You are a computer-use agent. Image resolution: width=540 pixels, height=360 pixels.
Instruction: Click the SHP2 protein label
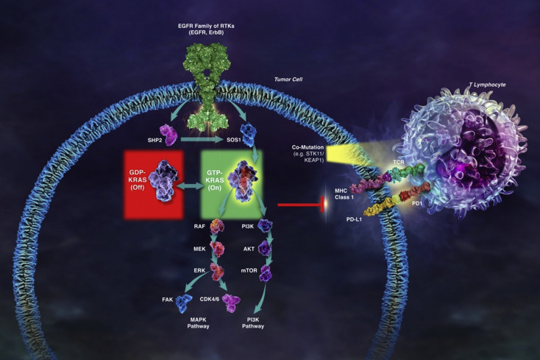154,140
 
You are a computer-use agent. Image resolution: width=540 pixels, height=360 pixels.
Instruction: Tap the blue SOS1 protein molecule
249,135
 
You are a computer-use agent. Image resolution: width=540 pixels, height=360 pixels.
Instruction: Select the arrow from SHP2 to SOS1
202,140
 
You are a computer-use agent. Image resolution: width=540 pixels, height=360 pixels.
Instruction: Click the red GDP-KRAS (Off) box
154,184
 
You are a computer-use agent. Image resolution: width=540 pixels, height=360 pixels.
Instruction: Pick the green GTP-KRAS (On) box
232,184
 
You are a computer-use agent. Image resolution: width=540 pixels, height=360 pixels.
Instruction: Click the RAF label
199,226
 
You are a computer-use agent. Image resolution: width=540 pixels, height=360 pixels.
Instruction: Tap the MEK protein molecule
217,249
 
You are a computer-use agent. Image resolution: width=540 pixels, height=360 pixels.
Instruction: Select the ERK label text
199,270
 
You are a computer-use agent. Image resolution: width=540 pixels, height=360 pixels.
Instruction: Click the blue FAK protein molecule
184,303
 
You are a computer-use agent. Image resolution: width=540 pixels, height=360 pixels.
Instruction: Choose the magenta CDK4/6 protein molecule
231,303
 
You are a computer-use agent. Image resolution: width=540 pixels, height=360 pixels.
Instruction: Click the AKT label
249,249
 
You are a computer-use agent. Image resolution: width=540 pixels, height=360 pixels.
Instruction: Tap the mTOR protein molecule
266,272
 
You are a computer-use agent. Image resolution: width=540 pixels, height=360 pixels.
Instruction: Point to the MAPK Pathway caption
198,322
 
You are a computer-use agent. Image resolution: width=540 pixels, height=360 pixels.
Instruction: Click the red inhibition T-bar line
301,205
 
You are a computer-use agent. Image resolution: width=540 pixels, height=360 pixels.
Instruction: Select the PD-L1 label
354,219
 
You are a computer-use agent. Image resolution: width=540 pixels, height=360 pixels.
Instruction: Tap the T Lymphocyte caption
487,85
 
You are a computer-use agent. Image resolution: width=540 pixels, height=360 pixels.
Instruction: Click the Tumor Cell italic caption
288,80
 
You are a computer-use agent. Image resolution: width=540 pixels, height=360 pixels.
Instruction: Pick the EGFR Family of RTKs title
206,29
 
